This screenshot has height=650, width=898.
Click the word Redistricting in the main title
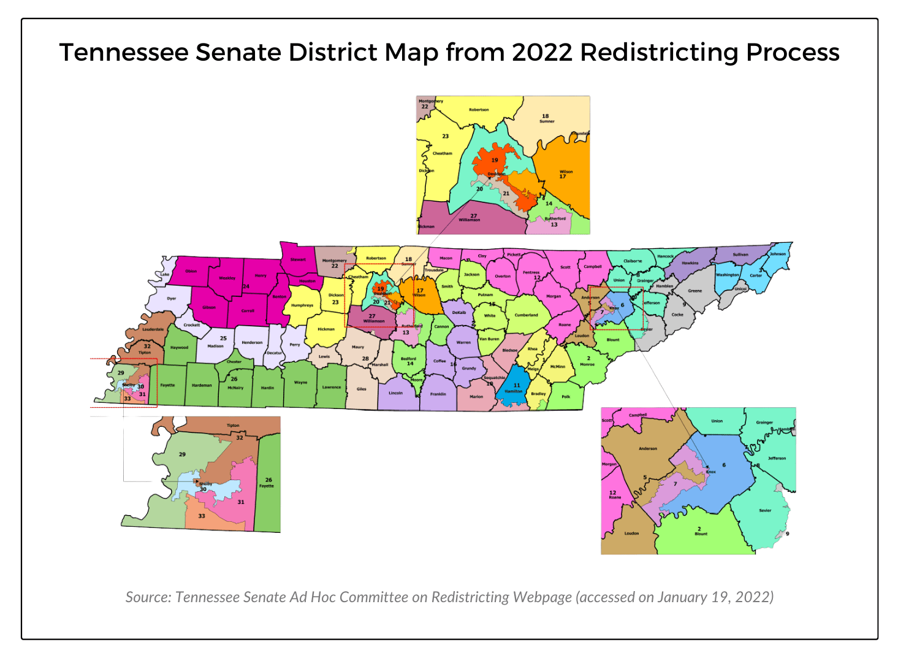[659, 52]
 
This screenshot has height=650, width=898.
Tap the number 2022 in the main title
[542, 52]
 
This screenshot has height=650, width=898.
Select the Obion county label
[191, 271]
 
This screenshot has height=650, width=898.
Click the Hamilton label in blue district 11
[514, 391]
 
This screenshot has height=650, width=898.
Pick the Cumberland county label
[526, 315]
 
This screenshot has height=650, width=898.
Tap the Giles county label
[362, 389]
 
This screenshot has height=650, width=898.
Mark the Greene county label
[694, 291]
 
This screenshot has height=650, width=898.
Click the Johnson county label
[777, 254]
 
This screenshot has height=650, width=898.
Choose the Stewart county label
[298, 259]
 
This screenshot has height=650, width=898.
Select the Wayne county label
[300, 382]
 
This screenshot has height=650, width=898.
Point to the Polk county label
[566, 397]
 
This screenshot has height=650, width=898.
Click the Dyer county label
[172, 299]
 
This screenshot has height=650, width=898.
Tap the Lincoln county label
[395, 393]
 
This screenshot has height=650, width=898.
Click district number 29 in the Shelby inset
[182, 454]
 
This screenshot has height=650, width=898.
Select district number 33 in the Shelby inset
[202, 516]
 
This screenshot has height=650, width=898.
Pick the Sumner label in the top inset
[547, 121]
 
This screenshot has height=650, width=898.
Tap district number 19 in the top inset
[495, 160]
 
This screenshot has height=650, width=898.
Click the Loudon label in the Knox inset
[631, 533]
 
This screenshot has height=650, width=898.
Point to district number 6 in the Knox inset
[724, 465]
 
